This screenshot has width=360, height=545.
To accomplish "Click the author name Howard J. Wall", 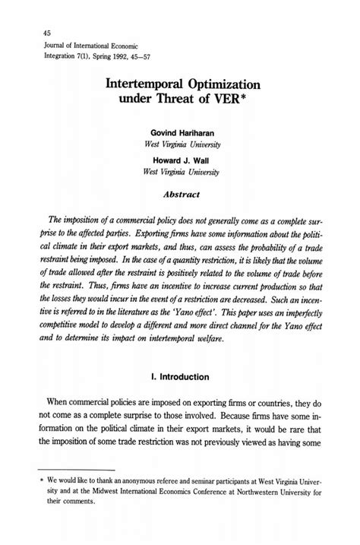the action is click(181, 160).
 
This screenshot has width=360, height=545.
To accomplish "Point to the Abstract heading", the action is click(181, 194).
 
